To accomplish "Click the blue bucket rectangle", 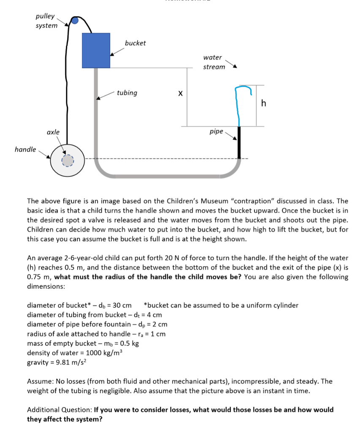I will point(96,50).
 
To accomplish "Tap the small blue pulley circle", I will point(75,21).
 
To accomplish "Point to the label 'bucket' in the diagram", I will point(135,43).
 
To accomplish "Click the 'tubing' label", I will point(127,93).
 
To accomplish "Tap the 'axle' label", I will point(53,132).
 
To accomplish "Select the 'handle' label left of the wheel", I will point(25,149).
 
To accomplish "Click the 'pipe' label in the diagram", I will point(216,132).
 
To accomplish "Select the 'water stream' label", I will point(214,62).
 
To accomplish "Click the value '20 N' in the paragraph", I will point(196,258).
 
